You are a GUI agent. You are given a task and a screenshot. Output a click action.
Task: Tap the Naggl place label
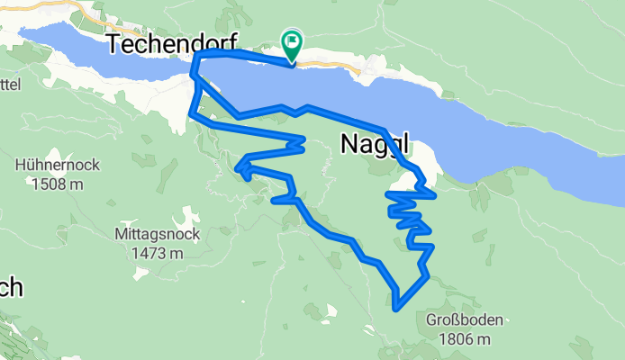[376, 143]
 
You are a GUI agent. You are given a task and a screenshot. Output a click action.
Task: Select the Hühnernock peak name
[57, 166]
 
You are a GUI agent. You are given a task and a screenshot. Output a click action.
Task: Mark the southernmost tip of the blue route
[396, 309]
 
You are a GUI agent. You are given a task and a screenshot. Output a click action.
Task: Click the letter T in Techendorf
[114, 43]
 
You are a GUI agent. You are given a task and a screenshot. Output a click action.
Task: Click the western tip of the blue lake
[22, 31]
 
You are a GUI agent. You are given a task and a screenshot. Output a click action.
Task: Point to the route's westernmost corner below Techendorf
[189, 113]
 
